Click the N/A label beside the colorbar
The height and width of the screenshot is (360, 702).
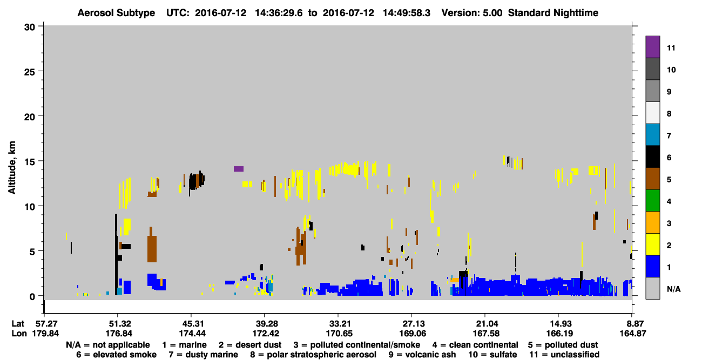pyautogui.click(x=673, y=289)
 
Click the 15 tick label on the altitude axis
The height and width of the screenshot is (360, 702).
pyautogui.click(x=30, y=162)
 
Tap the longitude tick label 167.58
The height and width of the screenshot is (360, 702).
pyautogui.click(x=485, y=334)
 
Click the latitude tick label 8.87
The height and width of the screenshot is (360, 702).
pyautogui.click(x=632, y=324)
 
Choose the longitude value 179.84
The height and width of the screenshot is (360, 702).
pyautogui.click(x=45, y=334)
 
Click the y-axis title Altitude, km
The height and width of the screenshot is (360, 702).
pyautogui.click(x=12, y=167)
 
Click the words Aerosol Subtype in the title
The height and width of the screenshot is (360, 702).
pyautogui.click(x=116, y=13)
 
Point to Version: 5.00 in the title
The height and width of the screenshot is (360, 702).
pyautogui.click(x=472, y=13)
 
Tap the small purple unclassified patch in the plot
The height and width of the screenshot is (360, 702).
pyautogui.click(x=239, y=169)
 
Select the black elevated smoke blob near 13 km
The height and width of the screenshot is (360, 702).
pyautogui.click(x=197, y=181)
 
